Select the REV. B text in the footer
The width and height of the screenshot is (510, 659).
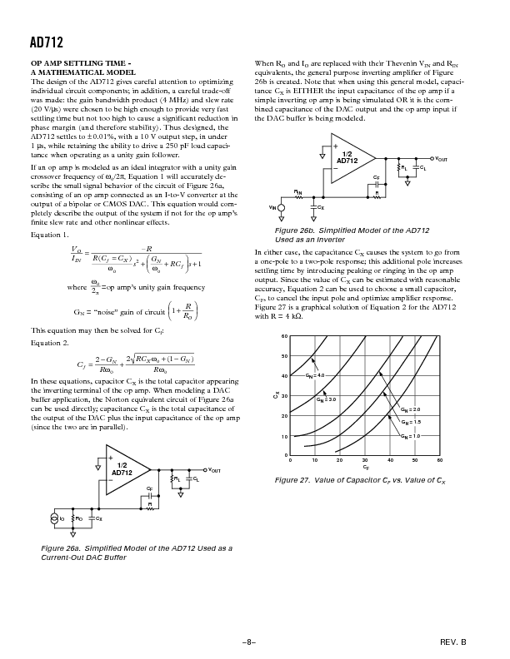(452, 642)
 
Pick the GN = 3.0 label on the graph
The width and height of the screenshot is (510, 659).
(326, 400)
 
